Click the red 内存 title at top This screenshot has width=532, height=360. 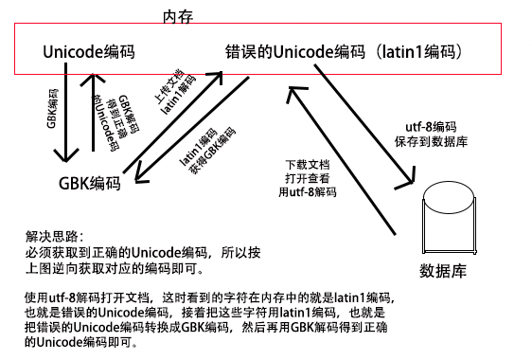click(178, 15)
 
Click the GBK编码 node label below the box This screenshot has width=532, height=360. click(90, 184)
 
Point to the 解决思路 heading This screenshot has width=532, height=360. click(55, 234)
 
